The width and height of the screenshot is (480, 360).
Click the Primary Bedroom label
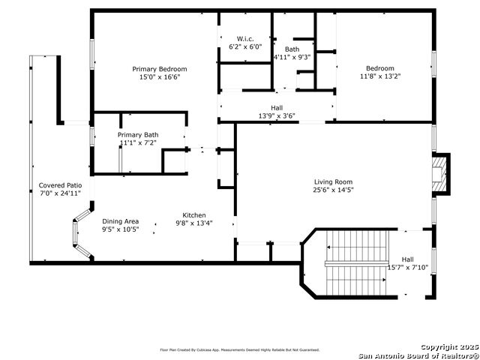click(x=160, y=69)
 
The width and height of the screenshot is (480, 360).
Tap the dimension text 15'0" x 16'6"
click(x=160, y=77)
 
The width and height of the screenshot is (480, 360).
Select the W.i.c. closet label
click(x=246, y=39)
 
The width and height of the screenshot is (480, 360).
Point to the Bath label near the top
click(x=292, y=49)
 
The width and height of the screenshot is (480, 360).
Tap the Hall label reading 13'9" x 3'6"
click(x=276, y=107)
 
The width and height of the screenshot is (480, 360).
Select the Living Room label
click(x=333, y=181)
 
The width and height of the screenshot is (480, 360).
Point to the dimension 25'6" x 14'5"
click(x=333, y=190)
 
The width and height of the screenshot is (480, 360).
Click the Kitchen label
click(x=194, y=214)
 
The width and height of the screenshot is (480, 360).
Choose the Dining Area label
click(x=121, y=221)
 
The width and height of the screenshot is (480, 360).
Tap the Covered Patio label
click(x=61, y=185)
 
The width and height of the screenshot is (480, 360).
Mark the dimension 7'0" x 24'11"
click(x=61, y=193)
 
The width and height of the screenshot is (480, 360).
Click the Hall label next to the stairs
click(x=407, y=259)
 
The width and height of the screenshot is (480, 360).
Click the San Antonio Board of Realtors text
click(x=418, y=355)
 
